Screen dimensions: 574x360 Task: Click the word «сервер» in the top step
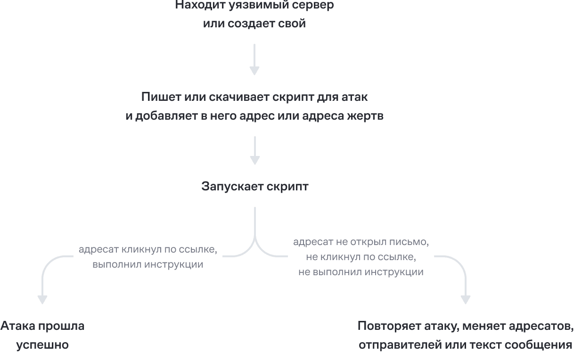[x=312, y=5]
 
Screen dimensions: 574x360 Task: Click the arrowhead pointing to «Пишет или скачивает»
[x=254, y=71]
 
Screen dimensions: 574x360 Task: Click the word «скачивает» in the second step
[x=239, y=97]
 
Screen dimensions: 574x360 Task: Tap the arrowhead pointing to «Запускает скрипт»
[x=255, y=160]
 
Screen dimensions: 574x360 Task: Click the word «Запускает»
[x=232, y=187]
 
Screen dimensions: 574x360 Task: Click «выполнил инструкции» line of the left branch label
[x=148, y=264]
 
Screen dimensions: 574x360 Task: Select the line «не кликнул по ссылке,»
[x=361, y=257]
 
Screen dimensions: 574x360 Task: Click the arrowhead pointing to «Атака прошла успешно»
[x=42, y=300]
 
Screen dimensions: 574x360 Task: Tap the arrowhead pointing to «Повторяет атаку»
[x=465, y=300]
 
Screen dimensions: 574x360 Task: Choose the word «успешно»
[x=42, y=345]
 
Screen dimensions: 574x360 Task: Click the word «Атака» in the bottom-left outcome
[x=18, y=326]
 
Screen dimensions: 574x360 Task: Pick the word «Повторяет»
[x=389, y=326]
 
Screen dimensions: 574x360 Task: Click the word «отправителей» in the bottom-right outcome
[x=400, y=345]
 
